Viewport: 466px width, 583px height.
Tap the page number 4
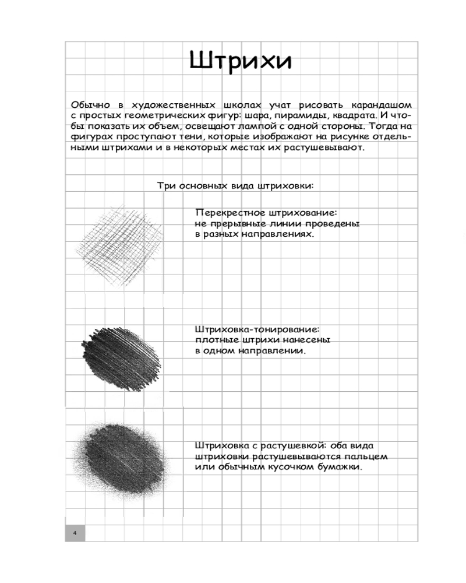point(75,533)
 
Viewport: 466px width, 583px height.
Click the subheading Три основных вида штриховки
point(236,186)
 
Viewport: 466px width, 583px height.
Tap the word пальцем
point(367,457)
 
